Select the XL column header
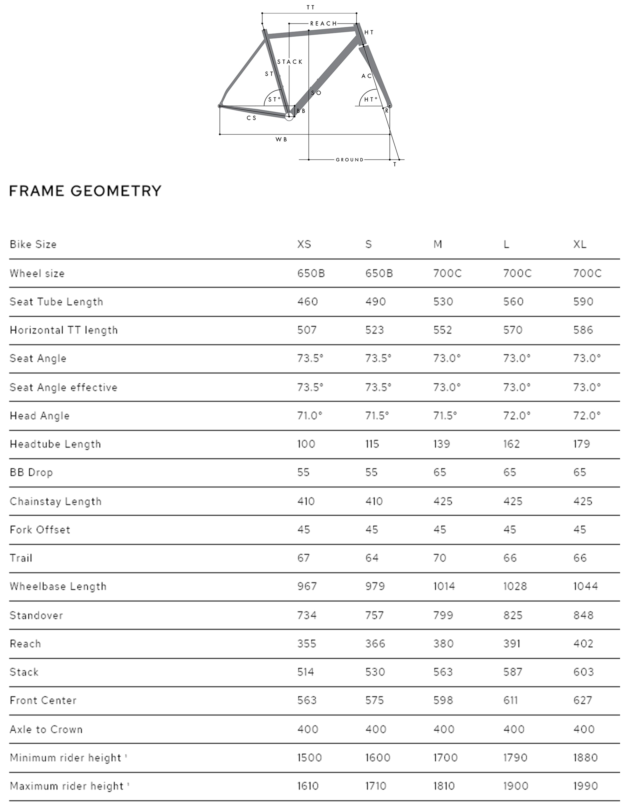click(x=580, y=244)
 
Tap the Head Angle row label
click(x=40, y=416)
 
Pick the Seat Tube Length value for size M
click(x=443, y=301)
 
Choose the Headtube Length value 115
click(x=372, y=444)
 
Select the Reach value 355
click(x=306, y=643)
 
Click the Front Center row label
click(x=43, y=700)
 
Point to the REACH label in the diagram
click(x=324, y=23)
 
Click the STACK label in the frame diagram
click(x=290, y=62)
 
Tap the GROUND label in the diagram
click(x=349, y=160)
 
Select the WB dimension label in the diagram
click(x=281, y=140)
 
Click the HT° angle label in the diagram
click(x=371, y=99)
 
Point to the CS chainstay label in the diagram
click(x=251, y=118)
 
